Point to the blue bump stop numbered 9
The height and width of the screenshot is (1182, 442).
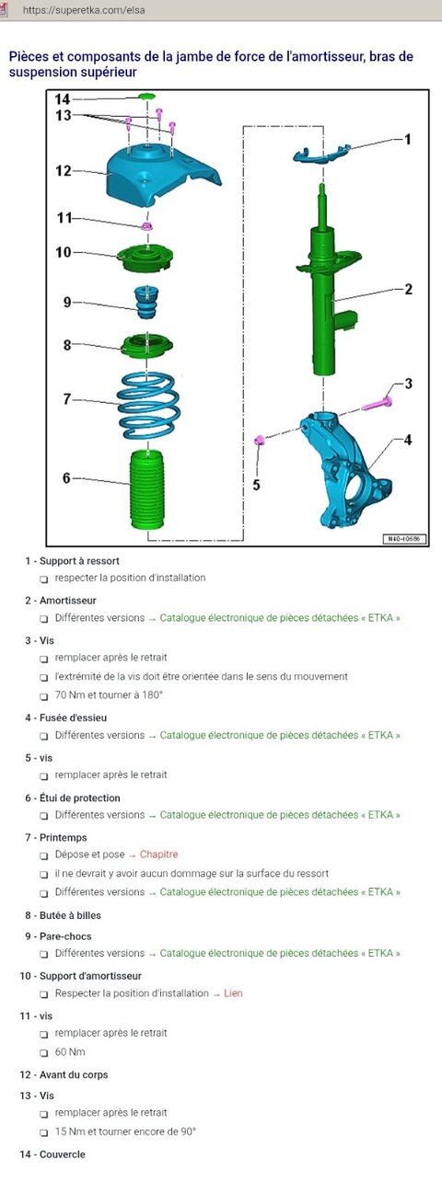pos(146,303)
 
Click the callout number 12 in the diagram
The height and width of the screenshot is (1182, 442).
pos(63,171)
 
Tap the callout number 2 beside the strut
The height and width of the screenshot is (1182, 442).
pos(408,289)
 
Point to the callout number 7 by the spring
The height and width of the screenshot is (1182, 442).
pos(66,399)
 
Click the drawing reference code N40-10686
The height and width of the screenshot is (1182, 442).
pos(404,539)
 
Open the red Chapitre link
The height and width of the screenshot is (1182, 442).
pos(158,855)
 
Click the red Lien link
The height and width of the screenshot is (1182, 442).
pos(233,993)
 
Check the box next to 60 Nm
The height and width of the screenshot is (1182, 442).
pos(44,1052)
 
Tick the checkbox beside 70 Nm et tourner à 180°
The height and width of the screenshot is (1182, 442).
pos(44,696)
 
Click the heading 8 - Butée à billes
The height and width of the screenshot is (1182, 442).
pos(63,915)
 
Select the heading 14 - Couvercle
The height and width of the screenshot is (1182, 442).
pos(52,1154)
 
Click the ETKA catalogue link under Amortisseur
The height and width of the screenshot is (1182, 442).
pos(280,617)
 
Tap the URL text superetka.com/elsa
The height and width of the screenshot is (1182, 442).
pos(84,10)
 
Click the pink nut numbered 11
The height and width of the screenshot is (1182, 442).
pos(146,226)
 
